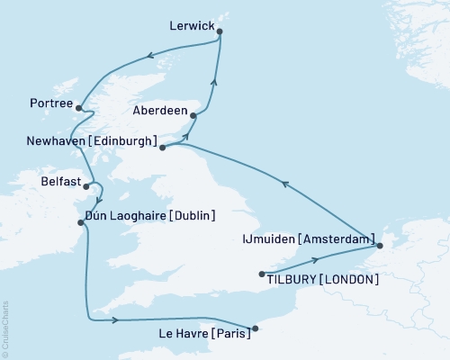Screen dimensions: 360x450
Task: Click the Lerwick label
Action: point(192,28)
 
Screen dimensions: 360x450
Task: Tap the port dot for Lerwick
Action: point(220,33)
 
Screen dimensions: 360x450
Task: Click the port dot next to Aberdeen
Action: point(193,115)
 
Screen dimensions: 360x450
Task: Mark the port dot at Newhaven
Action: point(162,147)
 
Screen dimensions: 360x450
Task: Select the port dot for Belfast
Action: point(86,187)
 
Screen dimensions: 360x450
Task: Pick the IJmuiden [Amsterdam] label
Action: point(309,239)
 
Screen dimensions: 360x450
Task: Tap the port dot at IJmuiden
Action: point(380,245)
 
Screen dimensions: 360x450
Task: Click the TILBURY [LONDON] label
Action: point(322,279)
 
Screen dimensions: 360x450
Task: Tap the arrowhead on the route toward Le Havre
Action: point(116,319)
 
